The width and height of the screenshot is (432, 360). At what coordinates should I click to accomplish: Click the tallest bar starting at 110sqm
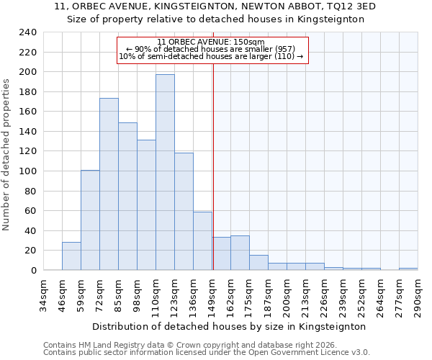(165, 173)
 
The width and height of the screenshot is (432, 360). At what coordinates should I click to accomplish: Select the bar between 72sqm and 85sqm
(109, 184)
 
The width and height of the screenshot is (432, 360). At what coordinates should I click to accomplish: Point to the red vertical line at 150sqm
(213, 144)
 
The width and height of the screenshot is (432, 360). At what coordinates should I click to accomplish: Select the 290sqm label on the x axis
(418, 295)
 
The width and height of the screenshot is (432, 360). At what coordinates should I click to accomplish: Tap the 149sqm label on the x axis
(212, 295)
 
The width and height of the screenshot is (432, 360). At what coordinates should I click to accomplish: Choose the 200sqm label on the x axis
(287, 295)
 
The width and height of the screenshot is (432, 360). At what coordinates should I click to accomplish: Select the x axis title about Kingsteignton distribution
(229, 326)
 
